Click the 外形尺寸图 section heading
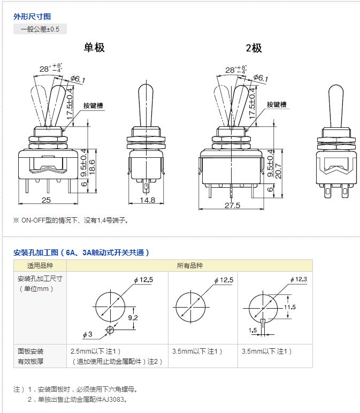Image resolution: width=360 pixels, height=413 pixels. pyautogui.click(x=32, y=17)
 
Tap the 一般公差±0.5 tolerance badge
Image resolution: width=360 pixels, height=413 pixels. pyautogui.click(x=40, y=29)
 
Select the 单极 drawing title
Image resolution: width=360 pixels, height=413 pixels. pyautogui.click(x=94, y=48)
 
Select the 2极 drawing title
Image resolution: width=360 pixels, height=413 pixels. pyautogui.click(x=254, y=48)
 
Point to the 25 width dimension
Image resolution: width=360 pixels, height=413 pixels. pyautogui.click(x=46, y=200)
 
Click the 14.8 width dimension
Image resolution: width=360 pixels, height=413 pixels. pyautogui.click(x=148, y=200)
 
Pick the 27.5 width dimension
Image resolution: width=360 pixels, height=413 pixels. pyautogui.click(x=232, y=205)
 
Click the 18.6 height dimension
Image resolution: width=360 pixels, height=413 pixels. pyautogui.click(x=92, y=167)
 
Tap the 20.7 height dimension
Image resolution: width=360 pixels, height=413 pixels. pyautogui.click(x=278, y=171)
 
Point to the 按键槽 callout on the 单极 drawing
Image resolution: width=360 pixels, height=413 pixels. pyautogui.click(x=93, y=105)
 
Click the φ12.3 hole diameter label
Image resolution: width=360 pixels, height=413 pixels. pyautogui.click(x=298, y=279)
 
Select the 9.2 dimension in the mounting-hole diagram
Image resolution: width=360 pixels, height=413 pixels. pyautogui.click(x=133, y=318)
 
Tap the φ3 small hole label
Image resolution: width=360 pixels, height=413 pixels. pyautogui.click(x=87, y=334)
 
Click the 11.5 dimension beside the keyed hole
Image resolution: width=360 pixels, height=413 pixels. pyautogui.click(x=290, y=307)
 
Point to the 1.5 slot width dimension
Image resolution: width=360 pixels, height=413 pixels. pyautogui.click(x=252, y=330)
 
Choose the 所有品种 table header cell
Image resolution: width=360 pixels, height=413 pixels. pyautogui.click(x=189, y=265)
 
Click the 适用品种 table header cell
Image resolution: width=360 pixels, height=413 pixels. pyautogui.click(x=40, y=265)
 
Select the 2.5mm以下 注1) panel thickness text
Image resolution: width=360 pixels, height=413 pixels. pyautogui.click(x=96, y=351)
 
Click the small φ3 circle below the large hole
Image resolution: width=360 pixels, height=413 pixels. pyautogui.click(x=110, y=330)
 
